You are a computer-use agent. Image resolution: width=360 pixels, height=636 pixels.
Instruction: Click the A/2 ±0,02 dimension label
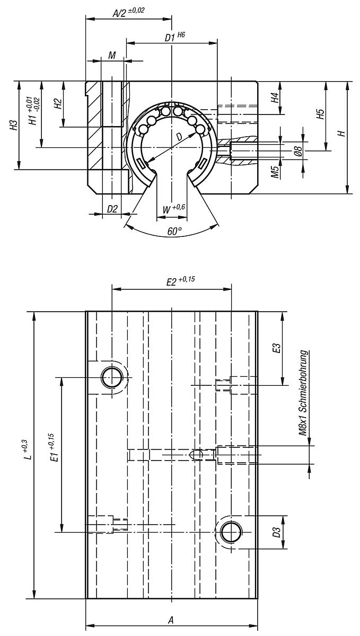click(x=129, y=12)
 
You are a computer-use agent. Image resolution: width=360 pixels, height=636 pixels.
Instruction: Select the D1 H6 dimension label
click(x=174, y=37)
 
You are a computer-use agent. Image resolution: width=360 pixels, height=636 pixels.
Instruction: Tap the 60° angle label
click(x=174, y=231)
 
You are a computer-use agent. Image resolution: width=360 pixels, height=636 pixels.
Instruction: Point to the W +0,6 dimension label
click(x=173, y=208)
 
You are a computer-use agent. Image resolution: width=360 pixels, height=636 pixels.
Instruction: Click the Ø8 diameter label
click(x=298, y=152)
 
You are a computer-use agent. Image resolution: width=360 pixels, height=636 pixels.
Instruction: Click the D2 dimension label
click(x=112, y=209)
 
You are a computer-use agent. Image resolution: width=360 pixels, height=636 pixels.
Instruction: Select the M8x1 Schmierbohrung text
click(x=303, y=392)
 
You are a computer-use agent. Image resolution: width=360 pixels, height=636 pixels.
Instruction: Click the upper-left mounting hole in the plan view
click(x=112, y=377)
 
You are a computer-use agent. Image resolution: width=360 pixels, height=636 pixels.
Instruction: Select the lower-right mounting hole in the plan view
click(x=231, y=532)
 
